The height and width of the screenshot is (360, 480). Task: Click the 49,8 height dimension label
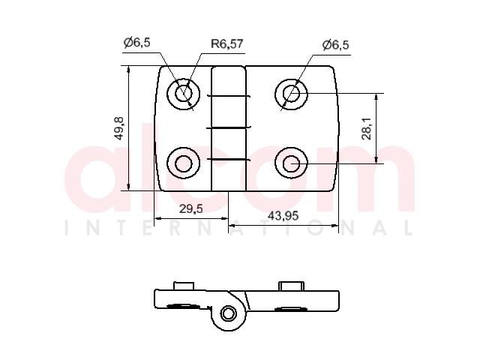point(118,128)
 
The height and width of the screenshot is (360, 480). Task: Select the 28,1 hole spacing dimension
point(367,128)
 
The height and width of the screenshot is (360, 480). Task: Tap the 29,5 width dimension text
point(191,208)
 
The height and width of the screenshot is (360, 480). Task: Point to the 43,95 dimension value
point(283,216)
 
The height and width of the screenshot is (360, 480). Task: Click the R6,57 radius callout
point(226,43)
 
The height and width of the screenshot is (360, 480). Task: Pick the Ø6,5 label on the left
point(136,43)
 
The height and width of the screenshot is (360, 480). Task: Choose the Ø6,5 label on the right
point(335,45)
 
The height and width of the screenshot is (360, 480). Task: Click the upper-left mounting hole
point(183,93)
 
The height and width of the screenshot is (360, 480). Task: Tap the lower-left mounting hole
point(183,163)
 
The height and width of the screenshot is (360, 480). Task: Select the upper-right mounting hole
point(291,94)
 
